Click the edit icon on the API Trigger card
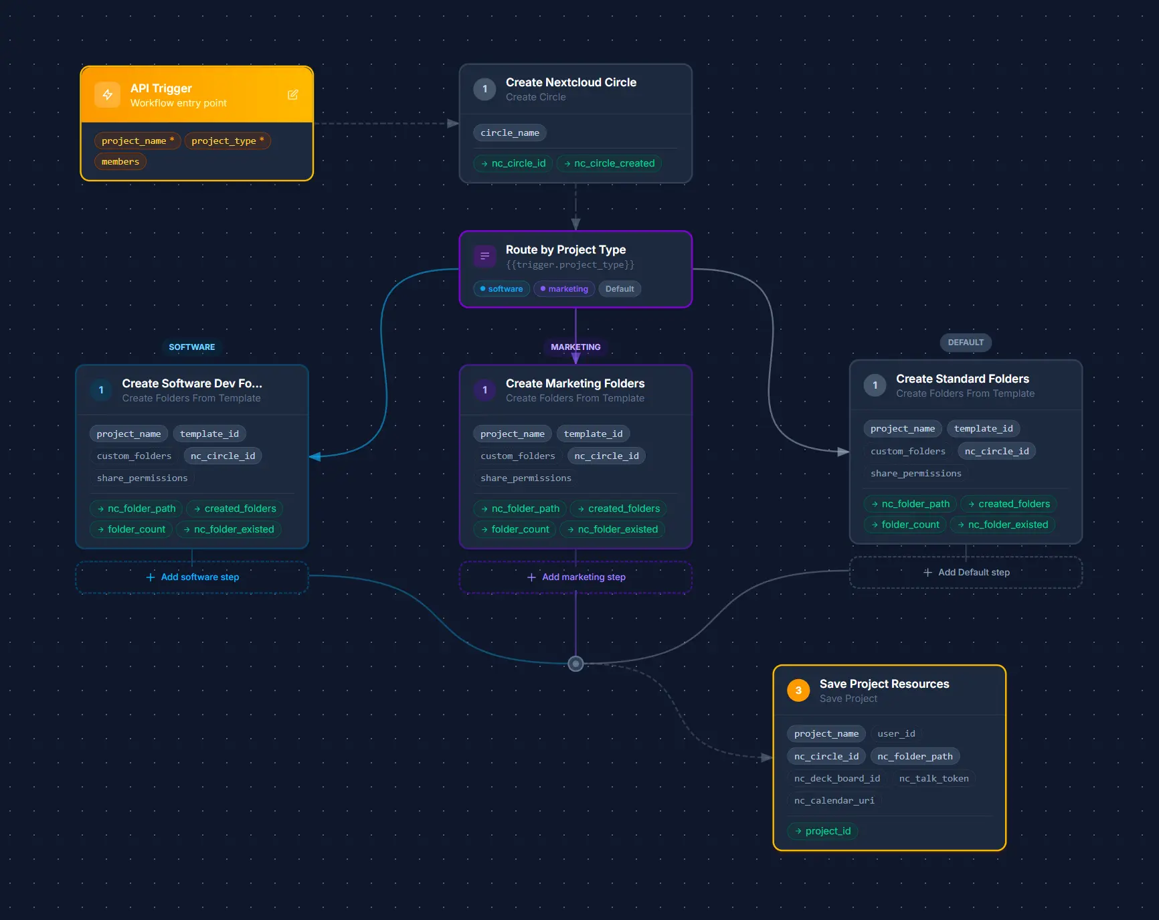click(x=292, y=94)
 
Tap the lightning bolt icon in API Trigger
click(x=108, y=94)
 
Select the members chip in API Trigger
click(x=120, y=161)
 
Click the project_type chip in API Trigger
click(x=228, y=141)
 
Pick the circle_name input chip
click(x=509, y=132)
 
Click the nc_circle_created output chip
click(x=609, y=163)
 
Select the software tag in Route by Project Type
click(x=501, y=289)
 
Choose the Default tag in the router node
click(x=619, y=289)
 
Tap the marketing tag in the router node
click(x=564, y=289)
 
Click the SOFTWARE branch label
click(x=191, y=347)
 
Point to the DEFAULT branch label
click(x=965, y=342)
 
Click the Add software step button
click(x=192, y=577)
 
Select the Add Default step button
click(x=966, y=572)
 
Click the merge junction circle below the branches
click(x=575, y=664)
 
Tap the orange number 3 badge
click(x=798, y=690)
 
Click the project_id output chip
click(x=822, y=831)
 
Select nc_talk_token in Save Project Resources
click(x=933, y=778)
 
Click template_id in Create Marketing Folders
click(x=593, y=434)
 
